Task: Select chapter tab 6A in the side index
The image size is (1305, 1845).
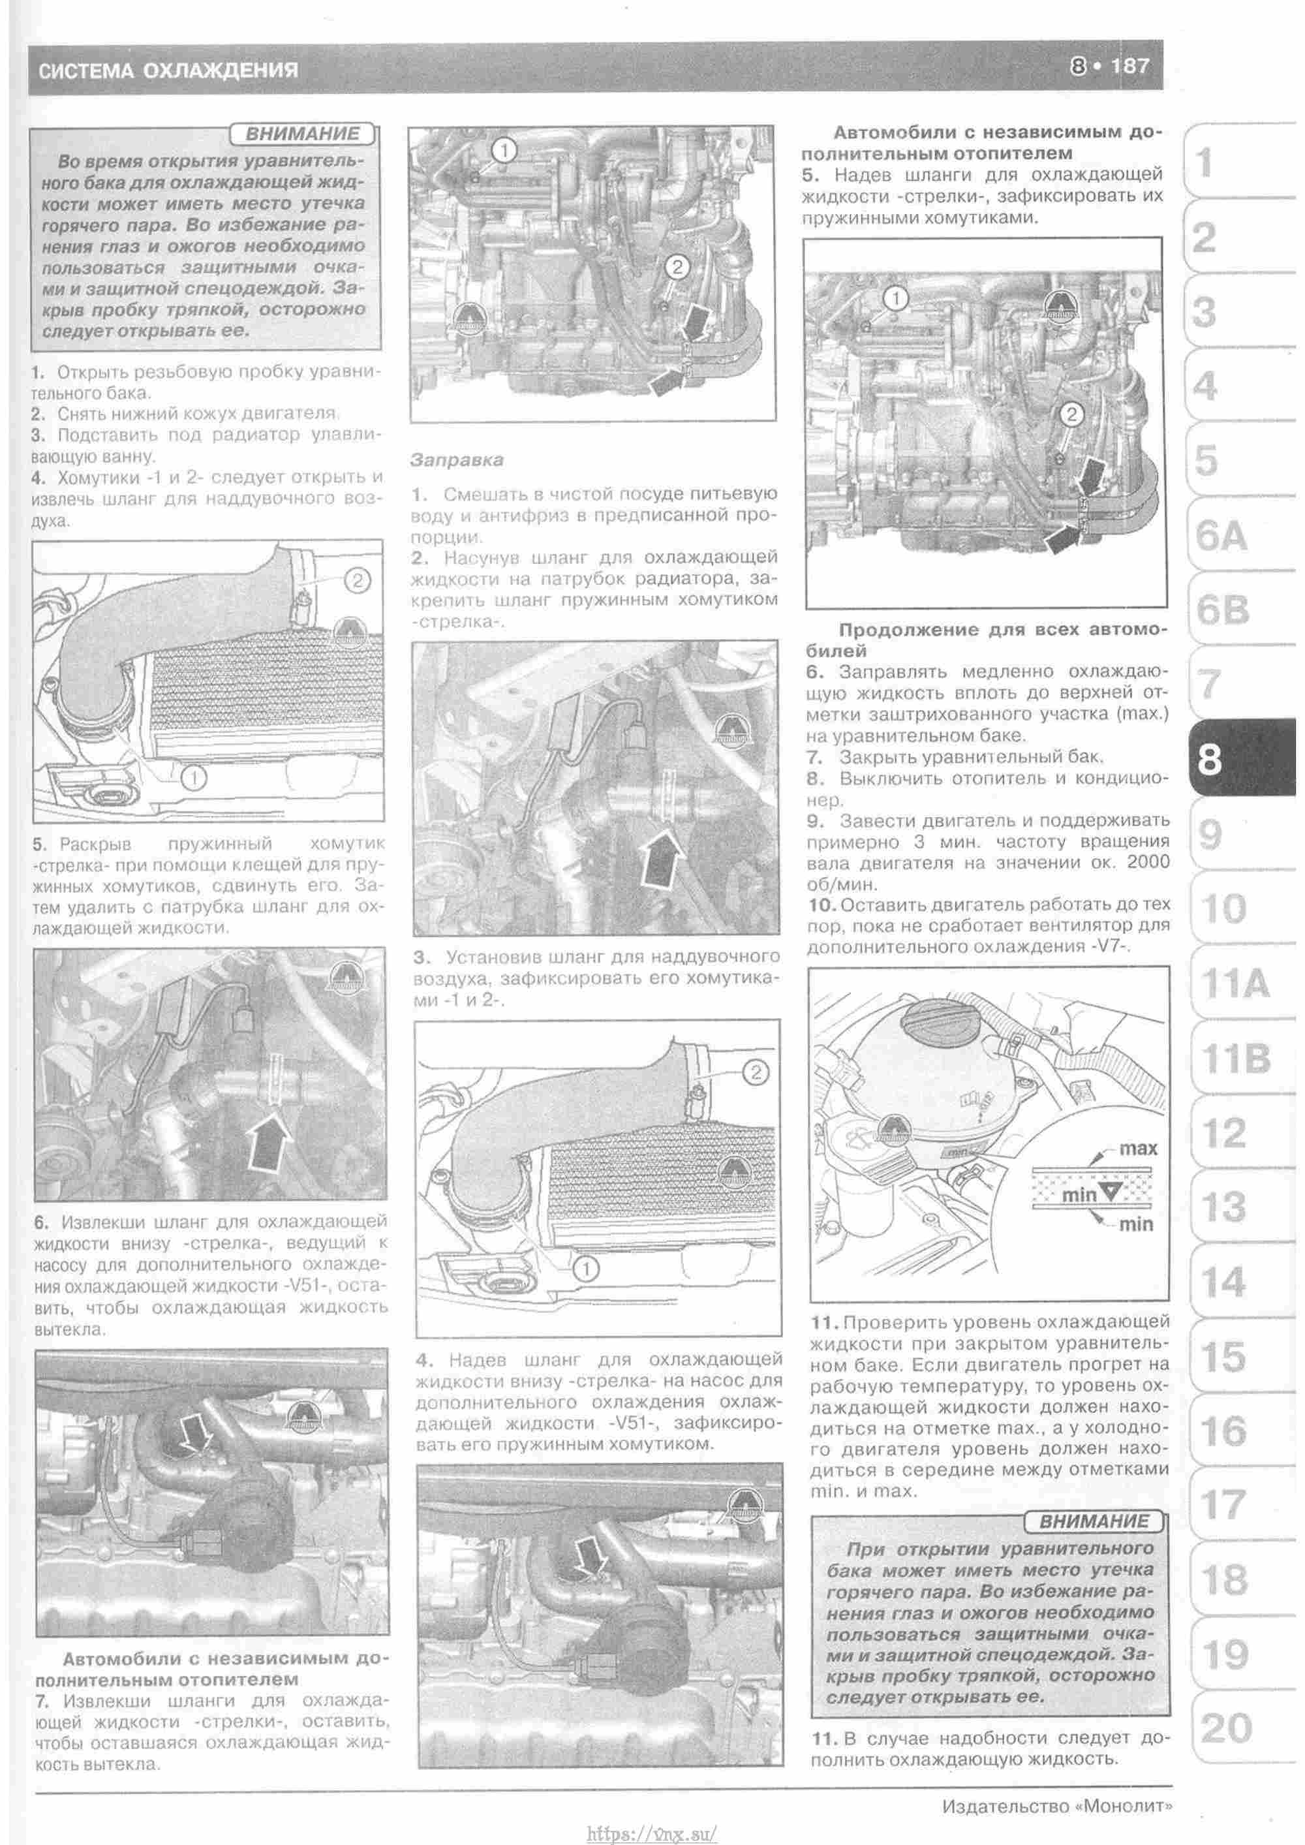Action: point(1221,536)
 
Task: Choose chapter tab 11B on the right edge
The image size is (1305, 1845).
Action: point(1236,1059)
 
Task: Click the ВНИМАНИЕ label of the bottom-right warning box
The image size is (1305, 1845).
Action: point(1094,1521)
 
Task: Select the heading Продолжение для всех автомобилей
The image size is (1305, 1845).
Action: point(985,639)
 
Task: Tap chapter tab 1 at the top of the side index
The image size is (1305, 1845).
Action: point(1205,164)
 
